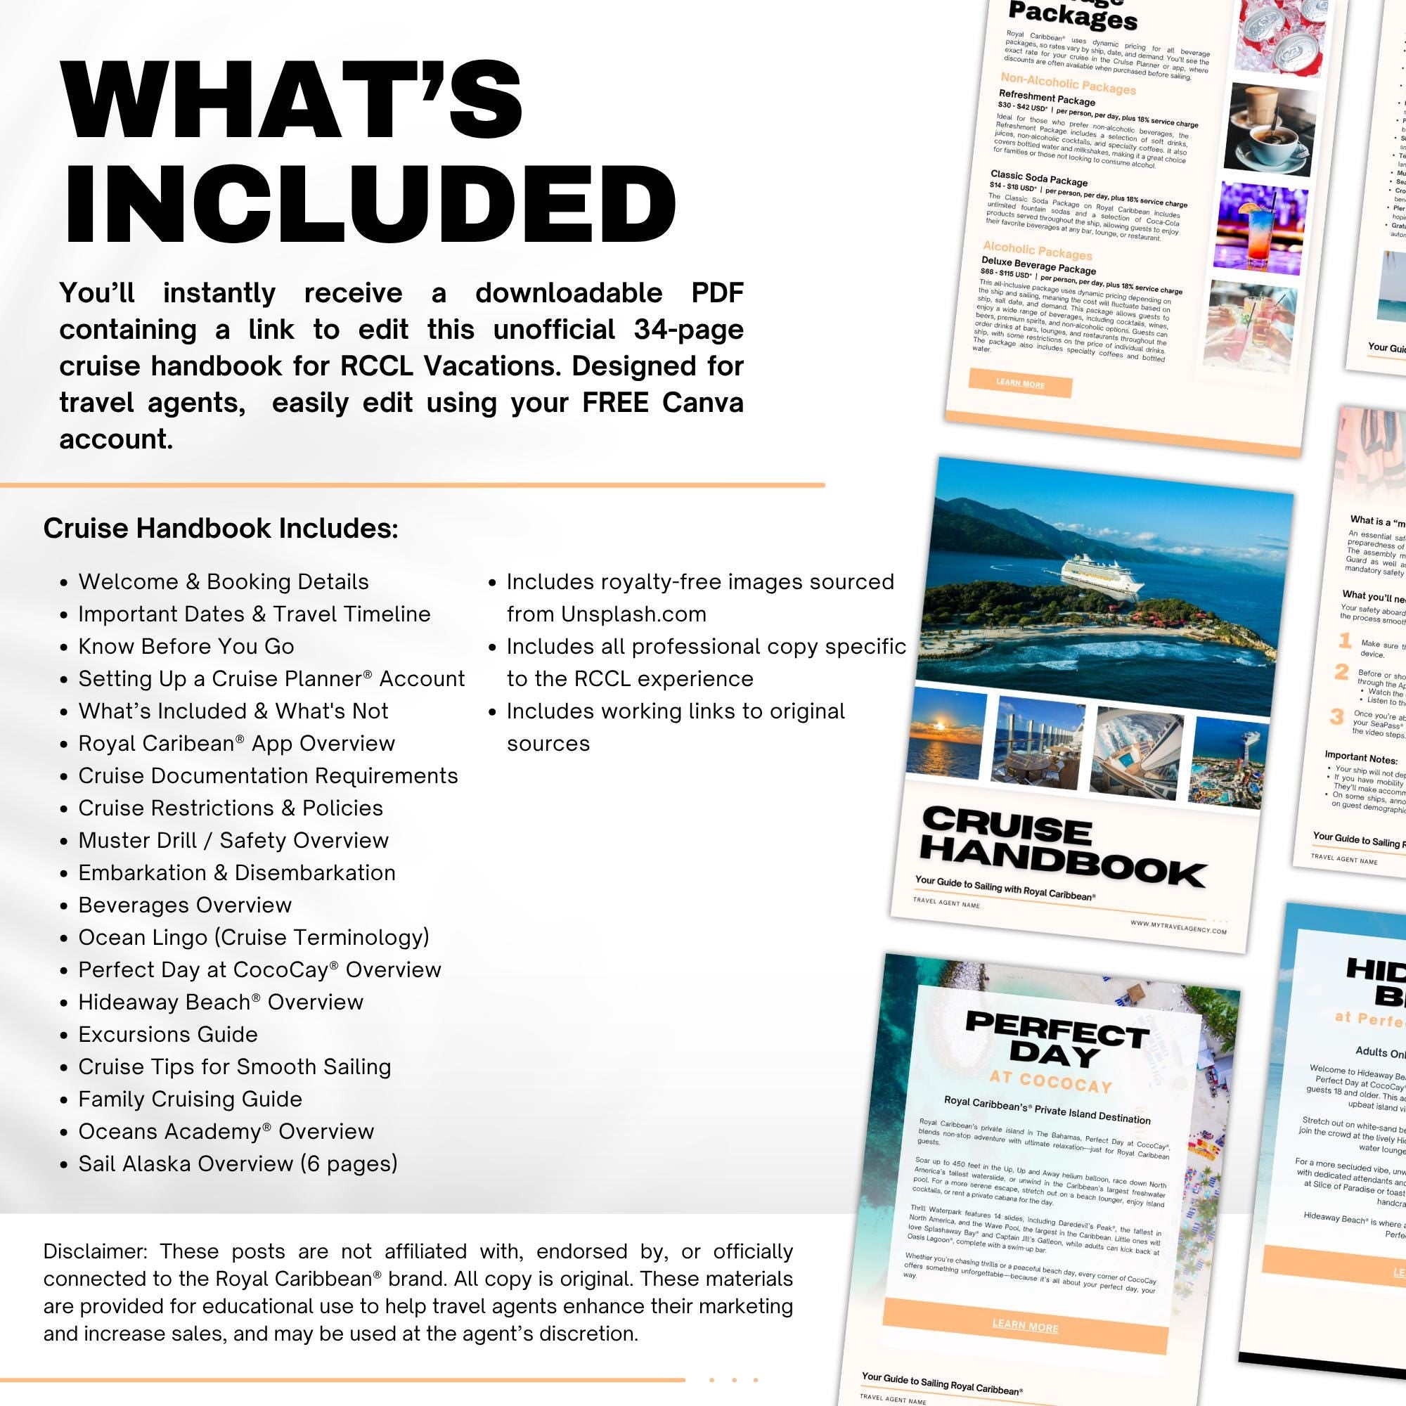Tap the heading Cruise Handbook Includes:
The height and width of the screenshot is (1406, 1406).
221,529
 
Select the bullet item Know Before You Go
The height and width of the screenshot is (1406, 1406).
186,646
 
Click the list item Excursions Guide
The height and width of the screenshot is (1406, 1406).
168,1034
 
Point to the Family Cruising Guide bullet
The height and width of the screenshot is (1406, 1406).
190,1099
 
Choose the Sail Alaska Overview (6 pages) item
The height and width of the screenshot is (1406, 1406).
238,1163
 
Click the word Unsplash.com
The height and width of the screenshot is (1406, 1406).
633,614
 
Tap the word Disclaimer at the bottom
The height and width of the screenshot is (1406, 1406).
95,1251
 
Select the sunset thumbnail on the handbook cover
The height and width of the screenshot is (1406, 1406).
946,733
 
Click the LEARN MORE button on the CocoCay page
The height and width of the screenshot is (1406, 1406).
1025,1327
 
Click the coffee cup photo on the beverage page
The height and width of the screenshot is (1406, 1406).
1270,131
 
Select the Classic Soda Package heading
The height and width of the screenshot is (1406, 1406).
1038,179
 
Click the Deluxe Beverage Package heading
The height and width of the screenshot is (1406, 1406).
1038,265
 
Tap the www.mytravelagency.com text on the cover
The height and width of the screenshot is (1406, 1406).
1178,927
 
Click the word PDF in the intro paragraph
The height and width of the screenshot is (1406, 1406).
717,293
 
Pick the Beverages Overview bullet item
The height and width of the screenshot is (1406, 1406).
185,905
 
